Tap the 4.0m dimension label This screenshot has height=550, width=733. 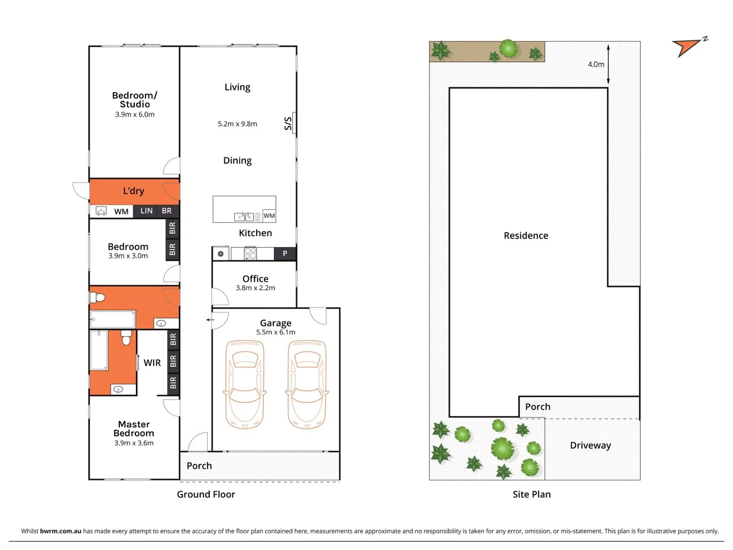pyautogui.click(x=596, y=64)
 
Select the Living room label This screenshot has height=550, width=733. pyautogui.click(x=237, y=87)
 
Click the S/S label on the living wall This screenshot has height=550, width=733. pyautogui.click(x=288, y=123)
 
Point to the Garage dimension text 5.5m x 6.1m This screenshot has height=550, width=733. pyautogui.click(x=275, y=332)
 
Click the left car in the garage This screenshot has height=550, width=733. pyautogui.click(x=244, y=384)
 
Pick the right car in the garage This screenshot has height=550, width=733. pyautogui.click(x=307, y=384)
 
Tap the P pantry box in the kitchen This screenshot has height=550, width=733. pyautogui.click(x=285, y=254)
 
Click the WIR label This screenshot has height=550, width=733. pyautogui.click(x=152, y=363)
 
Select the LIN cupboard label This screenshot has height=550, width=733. pyautogui.click(x=147, y=211)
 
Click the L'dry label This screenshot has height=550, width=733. pyautogui.click(x=133, y=191)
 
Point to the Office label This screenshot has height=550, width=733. pyautogui.click(x=255, y=279)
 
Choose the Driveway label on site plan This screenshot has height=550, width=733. pyautogui.click(x=590, y=445)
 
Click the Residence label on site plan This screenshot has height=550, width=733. pyautogui.click(x=526, y=235)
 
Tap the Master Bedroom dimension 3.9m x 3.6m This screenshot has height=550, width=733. pyautogui.click(x=134, y=443)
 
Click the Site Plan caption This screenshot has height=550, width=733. pyautogui.click(x=531, y=494)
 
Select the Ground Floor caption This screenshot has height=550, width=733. pyautogui.click(x=206, y=494)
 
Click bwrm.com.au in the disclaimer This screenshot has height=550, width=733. pyautogui.click(x=61, y=531)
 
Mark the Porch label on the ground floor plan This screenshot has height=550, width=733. pyautogui.click(x=199, y=465)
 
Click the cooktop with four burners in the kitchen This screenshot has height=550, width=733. pyautogui.click(x=250, y=253)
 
